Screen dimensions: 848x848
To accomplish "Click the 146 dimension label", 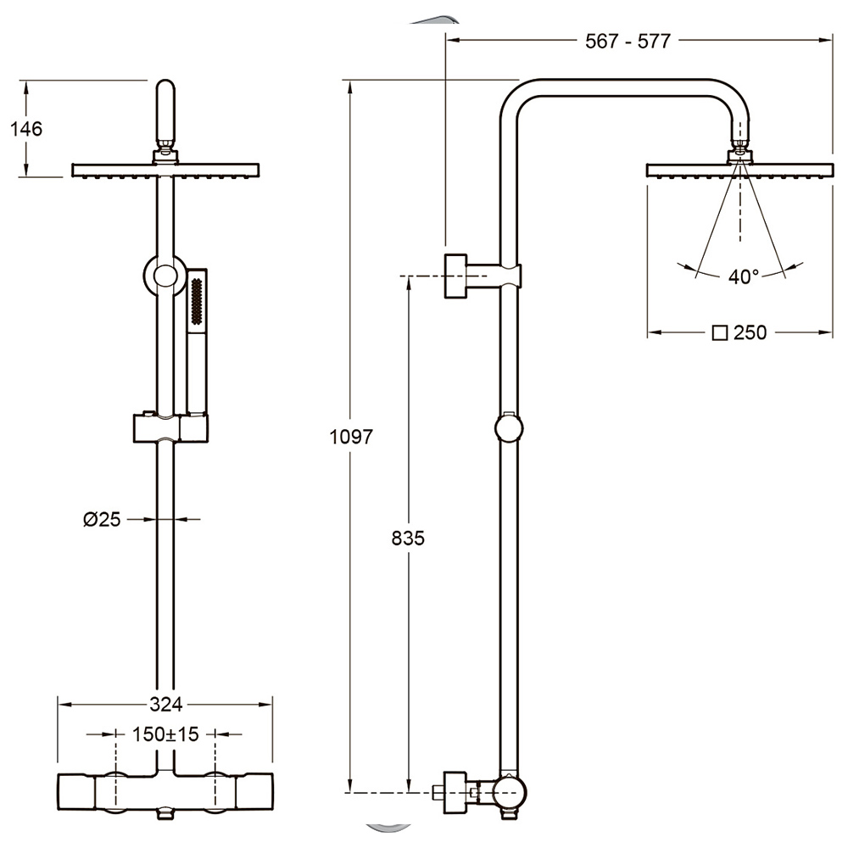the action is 26,129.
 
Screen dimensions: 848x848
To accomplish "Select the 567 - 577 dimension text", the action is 628,41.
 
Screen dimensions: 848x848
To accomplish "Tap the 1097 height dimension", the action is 352,437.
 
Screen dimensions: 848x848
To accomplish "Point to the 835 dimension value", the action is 408,538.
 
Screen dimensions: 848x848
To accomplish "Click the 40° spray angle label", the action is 743,277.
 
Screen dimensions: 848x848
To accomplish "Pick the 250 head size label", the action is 750,332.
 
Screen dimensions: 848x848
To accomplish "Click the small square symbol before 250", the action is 720,333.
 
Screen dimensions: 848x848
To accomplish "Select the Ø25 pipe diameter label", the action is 102,520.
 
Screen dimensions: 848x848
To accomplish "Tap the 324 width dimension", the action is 166,704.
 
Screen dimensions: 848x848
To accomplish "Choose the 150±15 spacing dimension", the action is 165,734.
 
